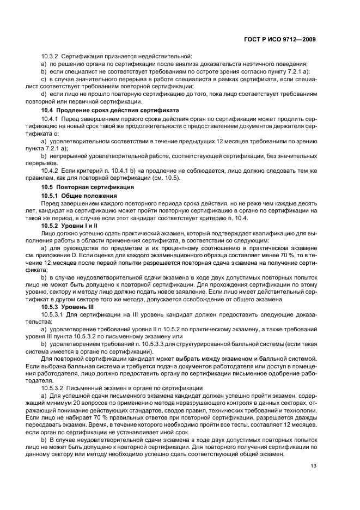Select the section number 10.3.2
point(50,56)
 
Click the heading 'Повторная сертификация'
point(88,187)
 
